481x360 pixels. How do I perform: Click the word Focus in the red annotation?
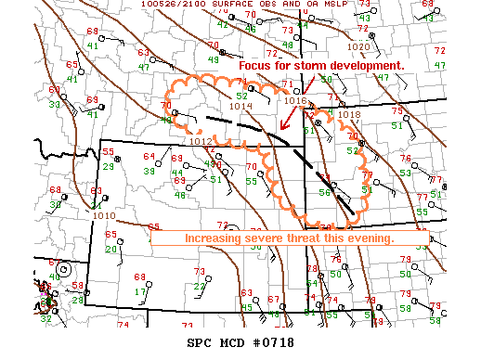255,67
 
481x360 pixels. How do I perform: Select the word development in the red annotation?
366,67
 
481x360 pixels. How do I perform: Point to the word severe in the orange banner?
270,238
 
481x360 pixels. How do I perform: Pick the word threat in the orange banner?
312,238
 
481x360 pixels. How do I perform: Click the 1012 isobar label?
201,141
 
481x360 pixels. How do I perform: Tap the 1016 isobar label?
295,100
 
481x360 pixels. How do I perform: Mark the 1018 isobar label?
350,113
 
